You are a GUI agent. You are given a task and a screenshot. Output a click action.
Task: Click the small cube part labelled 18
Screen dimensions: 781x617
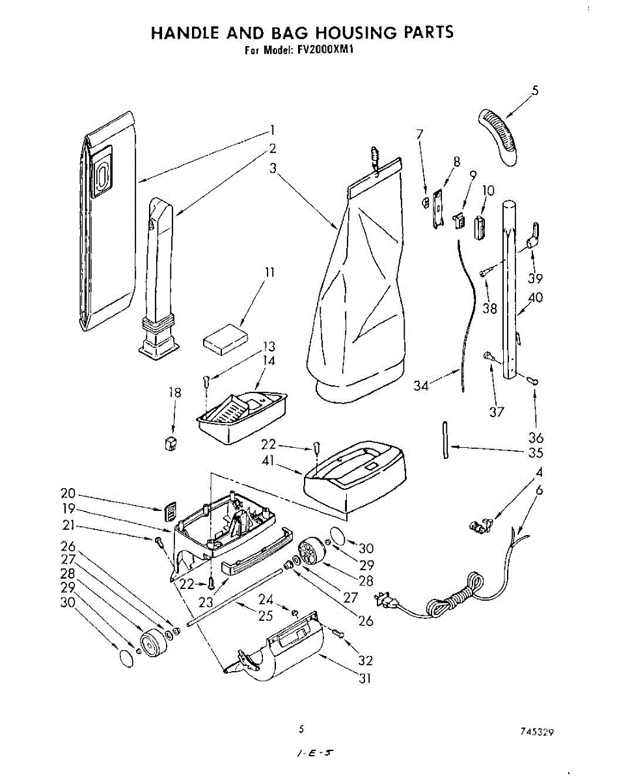172,443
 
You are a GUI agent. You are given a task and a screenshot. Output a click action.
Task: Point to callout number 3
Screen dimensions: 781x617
273,167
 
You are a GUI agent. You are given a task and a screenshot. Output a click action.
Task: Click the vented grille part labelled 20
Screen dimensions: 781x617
170,511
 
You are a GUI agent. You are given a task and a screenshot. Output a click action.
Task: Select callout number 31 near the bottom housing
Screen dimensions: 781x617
366,678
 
